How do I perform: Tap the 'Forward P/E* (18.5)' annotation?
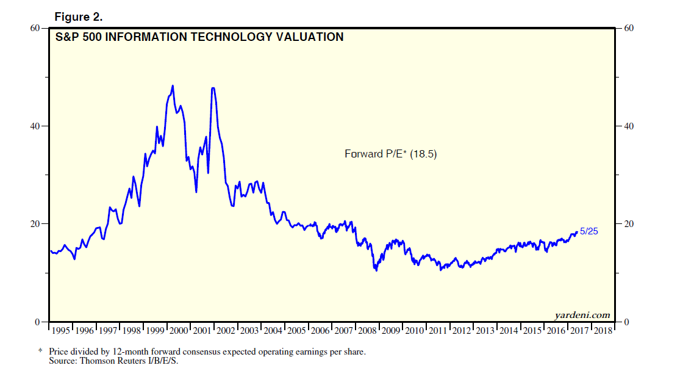(391, 154)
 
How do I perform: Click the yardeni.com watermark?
(582, 315)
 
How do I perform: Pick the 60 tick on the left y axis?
(35, 29)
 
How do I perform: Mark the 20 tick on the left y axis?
(35, 224)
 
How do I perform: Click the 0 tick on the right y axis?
(625, 322)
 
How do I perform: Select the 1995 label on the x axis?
(61, 330)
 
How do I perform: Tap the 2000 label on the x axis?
(179, 330)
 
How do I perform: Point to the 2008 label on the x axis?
(367, 330)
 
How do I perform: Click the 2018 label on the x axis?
(603, 330)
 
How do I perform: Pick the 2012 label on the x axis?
(462, 330)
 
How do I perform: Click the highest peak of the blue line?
(173, 86)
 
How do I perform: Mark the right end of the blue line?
(577, 232)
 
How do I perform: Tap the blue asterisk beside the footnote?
(41, 352)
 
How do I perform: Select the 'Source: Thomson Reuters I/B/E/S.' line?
(114, 361)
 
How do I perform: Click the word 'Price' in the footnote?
(60, 352)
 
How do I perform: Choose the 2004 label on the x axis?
(273, 330)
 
